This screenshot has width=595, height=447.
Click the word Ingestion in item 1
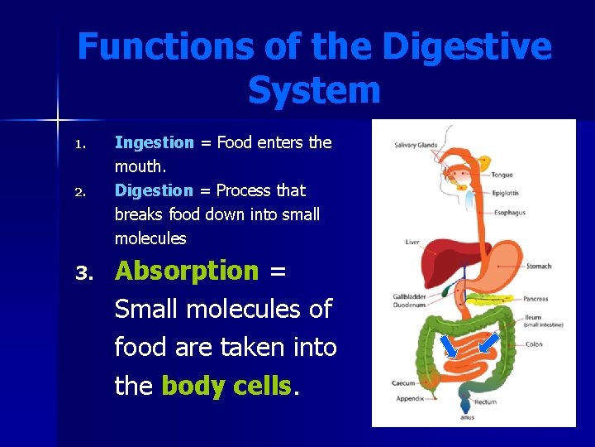(x=154, y=143)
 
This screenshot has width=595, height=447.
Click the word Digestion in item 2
(x=154, y=191)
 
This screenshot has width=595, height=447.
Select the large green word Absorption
(x=187, y=272)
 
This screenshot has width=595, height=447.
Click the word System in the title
(x=314, y=89)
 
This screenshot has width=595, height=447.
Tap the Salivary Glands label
(x=416, y=146)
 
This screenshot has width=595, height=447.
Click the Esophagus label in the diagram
(x=509, y=213)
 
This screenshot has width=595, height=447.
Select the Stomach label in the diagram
(x=538, y=267)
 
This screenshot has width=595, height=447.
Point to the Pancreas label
(x=535, y=299)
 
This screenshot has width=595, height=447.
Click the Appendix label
(x=409, y=398)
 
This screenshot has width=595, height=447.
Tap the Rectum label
(x=485, y=403)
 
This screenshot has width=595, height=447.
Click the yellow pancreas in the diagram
(x=488, y=297)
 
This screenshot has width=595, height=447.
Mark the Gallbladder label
(x=409, y=296)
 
